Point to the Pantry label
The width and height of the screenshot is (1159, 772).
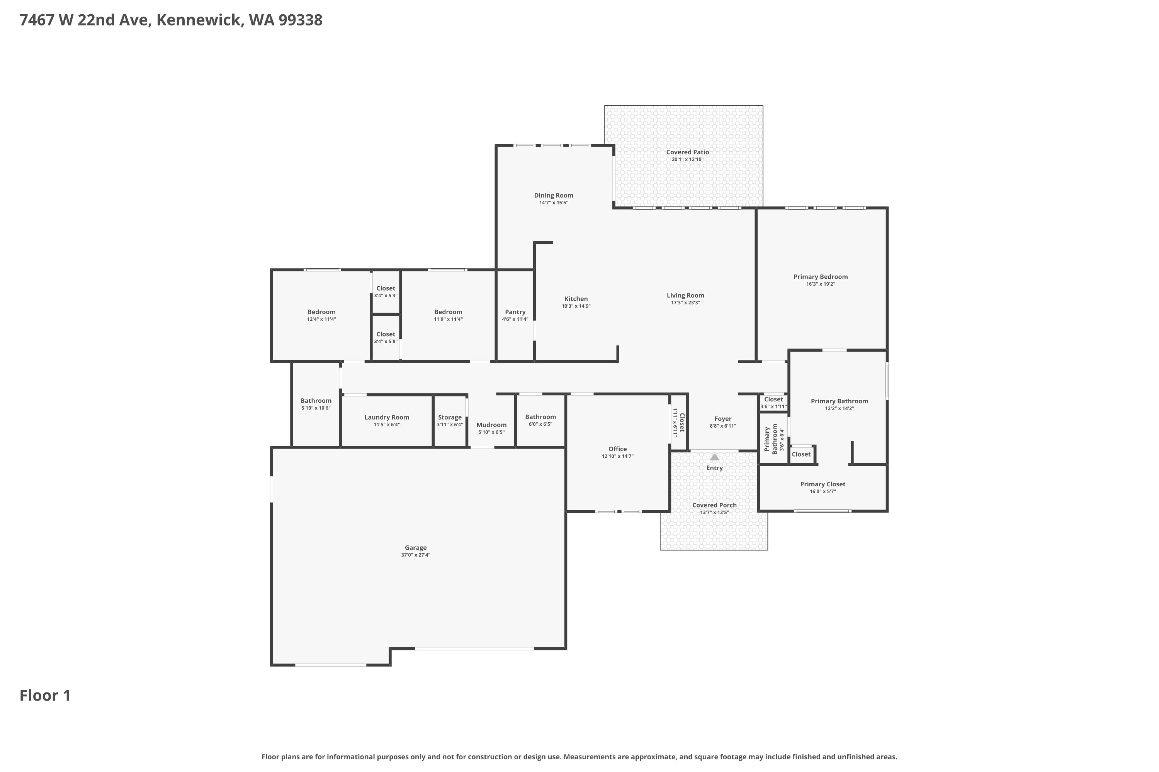pos(515,312)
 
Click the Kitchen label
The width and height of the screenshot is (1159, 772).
pos(576,299)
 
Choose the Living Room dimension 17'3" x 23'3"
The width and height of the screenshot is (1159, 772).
pos(685,303)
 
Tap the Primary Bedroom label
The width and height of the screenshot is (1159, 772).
pos(821,277)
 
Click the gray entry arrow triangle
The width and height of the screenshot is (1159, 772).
pos(714,457)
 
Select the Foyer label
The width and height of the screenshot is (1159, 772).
pos(723,419)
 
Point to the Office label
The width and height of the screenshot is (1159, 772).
pos(617,449)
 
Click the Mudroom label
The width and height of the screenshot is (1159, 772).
pos(491,425)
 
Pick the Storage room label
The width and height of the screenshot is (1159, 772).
pos(450,418)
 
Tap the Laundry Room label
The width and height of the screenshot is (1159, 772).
pos(387,418)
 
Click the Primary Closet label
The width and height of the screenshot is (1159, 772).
pos(823,484)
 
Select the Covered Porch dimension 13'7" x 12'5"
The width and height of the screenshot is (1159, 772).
pos(714,513)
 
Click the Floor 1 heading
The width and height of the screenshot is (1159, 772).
pos(45,696)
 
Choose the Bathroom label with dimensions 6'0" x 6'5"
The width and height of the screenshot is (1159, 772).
pos(540,417)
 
